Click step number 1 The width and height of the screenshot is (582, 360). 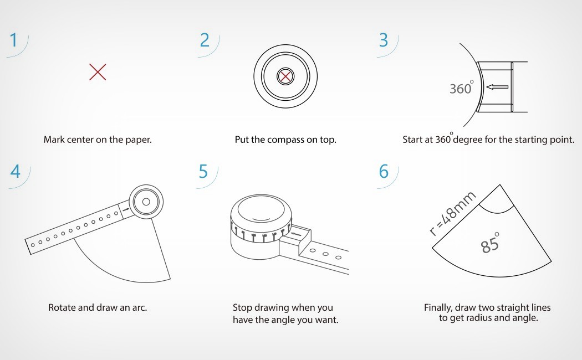(x=14, y=40)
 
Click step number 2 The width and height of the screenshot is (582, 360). (x=205, y=40)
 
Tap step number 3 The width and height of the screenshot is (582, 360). (x=384, y=40)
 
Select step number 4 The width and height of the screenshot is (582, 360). (x=15, y=171)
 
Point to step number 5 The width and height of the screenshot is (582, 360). (x=203, y=171)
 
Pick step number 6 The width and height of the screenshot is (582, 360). (x=384, y=171)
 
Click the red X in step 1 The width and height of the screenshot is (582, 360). (x=98, y=72)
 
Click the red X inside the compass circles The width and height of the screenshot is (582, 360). (x=285, y=76)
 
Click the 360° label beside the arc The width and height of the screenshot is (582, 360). (x=461, y=88)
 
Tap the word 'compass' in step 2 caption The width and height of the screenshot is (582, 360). (x=286, y=140)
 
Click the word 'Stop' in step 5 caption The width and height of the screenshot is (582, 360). (x=242, y=307)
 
